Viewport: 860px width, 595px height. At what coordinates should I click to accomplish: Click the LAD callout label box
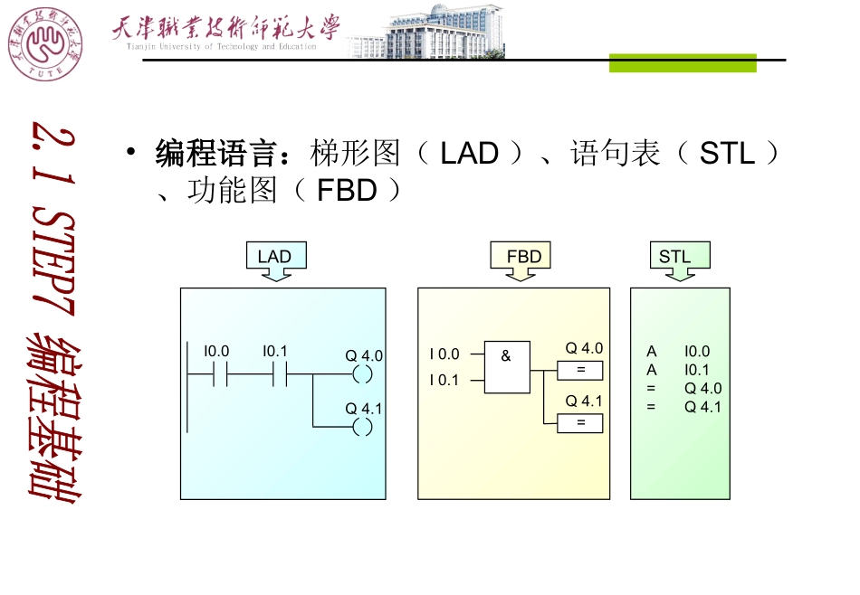[275, 257]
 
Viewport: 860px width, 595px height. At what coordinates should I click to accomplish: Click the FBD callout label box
[523, 257]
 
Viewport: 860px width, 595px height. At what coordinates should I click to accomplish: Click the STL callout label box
[675, 257]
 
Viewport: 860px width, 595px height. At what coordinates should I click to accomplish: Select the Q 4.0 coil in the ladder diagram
[363, 374]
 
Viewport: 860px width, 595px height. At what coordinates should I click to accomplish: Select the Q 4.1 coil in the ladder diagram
[363, 427]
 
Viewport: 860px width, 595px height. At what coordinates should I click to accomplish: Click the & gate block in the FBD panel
[507, 367]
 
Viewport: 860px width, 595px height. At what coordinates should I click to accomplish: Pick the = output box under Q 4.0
[580, 370]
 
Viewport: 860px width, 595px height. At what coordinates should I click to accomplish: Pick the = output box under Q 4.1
[580, 423]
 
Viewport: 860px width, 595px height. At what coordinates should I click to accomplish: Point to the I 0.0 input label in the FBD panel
[444, 355]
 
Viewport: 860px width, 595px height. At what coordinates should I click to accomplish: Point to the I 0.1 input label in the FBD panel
[444, 381]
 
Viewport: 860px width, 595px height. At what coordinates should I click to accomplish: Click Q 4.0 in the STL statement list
[703, 389]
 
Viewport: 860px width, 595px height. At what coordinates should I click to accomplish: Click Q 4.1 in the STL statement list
[703, 407]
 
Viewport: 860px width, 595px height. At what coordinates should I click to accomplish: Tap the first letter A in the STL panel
[652, 352]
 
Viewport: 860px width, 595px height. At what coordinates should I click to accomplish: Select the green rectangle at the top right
[682, 62]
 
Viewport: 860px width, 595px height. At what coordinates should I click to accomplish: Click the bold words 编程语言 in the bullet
[215, 154]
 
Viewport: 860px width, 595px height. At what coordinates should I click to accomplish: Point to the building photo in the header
[443, 33]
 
